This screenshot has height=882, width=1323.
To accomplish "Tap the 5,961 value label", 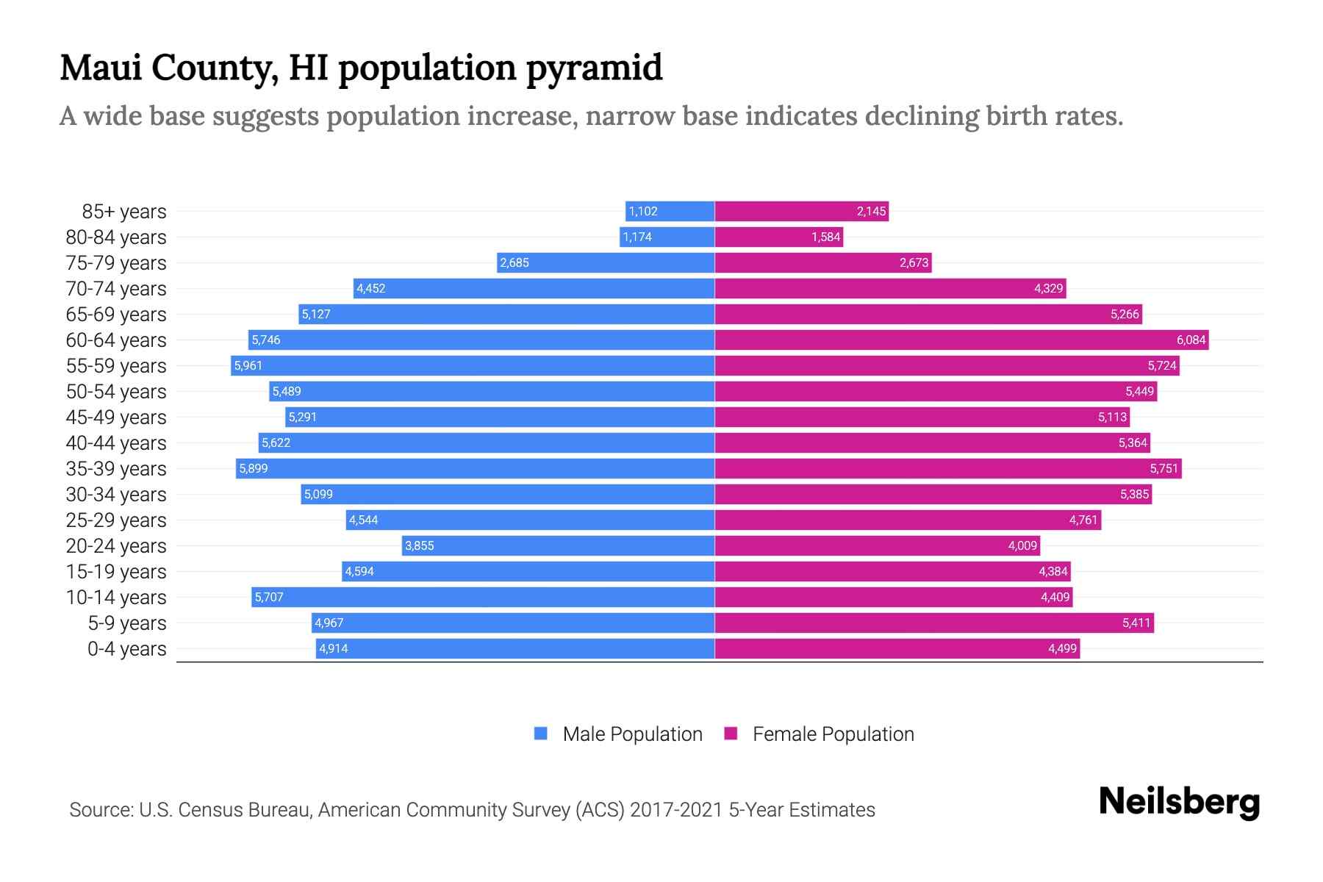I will pyautogui.click(x=248, y=365).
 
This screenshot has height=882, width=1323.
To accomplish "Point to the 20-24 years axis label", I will pyautogui.click(x=116, y=545).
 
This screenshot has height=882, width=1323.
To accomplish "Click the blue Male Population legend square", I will pyautogui.click(x=541, y=734).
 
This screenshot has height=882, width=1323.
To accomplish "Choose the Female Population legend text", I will pyautogui.click(x=833, y=734).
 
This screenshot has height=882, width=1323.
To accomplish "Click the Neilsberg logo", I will pyautogui.click(x=1179, y=802).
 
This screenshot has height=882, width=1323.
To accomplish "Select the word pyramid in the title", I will pyautogui.click(x=594, y=68).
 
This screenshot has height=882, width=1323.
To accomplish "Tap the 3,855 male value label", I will pyautogui.click(x=420, y=545).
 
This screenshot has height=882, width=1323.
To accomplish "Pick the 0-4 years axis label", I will pyautogui.click(x=126, y=648).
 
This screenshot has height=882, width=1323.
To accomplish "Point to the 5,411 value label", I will pyautogui.click(x=1136, y=623).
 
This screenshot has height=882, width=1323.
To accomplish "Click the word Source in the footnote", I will pyautogui.click(x=101, y=809).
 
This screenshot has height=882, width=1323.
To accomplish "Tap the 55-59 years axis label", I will pyautogui.click(x=116, y=365).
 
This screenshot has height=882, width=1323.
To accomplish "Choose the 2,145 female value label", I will pyautogui.click(x=871, y=211).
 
